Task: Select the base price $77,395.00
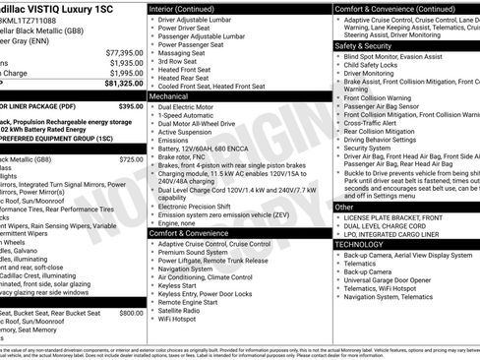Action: coord(124,50)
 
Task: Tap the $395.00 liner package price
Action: coord(130,105)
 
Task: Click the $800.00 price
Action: coord(131,312)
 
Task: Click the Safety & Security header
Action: coord(363,45)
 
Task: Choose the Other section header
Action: coord(344,207)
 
